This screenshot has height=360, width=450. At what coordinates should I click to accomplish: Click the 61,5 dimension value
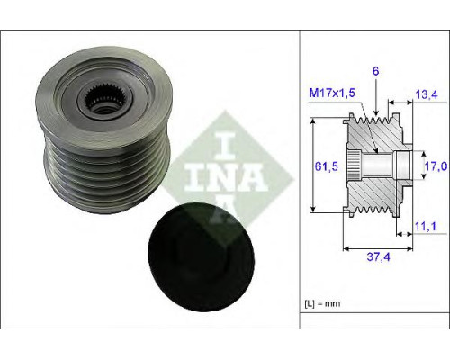[327, 166]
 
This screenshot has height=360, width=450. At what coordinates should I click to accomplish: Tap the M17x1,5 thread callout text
[332, 93]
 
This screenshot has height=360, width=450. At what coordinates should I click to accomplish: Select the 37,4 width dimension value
[379, 256]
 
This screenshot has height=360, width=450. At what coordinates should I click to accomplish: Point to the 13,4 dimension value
[427, 94]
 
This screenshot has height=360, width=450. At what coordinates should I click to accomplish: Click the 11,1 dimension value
[426, 226]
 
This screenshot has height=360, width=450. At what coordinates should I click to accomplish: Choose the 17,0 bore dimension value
[436, 166]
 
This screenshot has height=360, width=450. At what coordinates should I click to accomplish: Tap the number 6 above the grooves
[375, 71]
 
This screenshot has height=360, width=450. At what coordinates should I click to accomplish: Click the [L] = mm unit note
[322, 303]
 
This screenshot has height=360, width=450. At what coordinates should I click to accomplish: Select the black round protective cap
[201, 256]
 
